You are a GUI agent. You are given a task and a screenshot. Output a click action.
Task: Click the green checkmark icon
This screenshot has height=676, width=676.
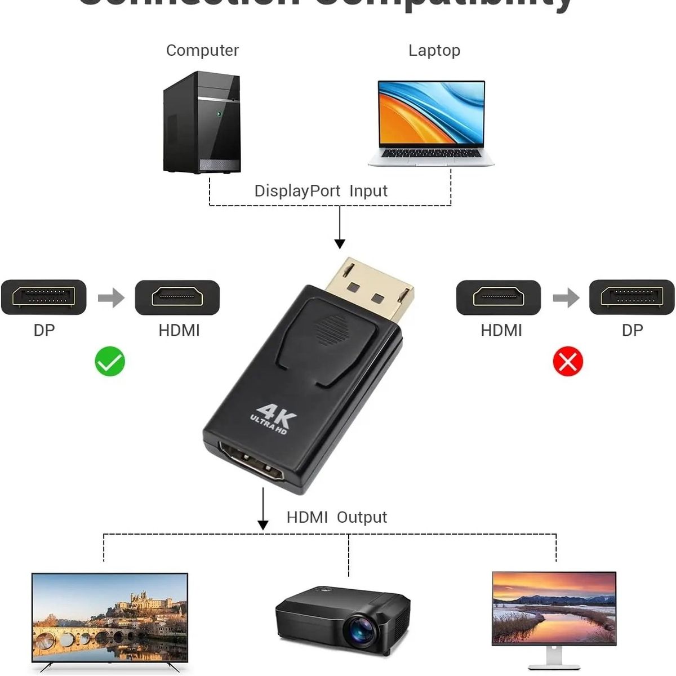point(110,361)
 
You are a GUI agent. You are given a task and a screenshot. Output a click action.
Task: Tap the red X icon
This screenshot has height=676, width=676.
point(568,361)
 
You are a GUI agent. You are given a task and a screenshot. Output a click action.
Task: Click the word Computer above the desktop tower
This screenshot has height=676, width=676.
point(202,50)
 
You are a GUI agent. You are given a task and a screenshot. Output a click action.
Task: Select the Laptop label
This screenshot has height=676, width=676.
point(434,50)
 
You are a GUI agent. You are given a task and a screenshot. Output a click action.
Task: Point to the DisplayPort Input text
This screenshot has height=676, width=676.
point(321,191)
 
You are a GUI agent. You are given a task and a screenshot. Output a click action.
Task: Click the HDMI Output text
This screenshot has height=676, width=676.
point(336,517)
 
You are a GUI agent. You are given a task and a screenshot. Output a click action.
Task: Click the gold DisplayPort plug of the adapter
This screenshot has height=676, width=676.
point(372,288)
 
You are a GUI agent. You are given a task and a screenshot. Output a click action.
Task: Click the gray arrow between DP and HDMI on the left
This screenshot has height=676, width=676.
point(111,297)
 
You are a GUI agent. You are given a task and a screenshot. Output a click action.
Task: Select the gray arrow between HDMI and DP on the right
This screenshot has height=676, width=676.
point(566,297)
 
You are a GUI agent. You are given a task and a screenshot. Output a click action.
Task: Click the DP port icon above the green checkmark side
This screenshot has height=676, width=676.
point(44,297)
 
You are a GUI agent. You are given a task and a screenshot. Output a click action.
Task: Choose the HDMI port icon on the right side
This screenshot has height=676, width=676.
point(499,297)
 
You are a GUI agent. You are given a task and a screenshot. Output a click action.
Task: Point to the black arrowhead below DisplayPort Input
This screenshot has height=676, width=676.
point(340,243)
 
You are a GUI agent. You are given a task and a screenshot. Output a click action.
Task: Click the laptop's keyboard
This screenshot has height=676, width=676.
point(432,153)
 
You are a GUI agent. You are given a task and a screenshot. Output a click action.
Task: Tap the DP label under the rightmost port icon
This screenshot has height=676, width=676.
point(632,330)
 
